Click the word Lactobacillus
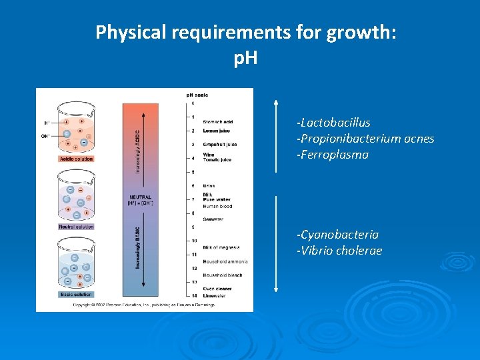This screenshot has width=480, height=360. coord(335,123)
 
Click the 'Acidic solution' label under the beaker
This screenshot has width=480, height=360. coord(77,159)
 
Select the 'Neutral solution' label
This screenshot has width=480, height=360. coord(77,227)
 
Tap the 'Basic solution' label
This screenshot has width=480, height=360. coord(75,294)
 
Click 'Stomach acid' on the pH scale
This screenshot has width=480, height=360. coord(218,121)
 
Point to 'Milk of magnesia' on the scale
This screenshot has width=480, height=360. coord(221,247)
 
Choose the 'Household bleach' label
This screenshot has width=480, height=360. coord(223,275)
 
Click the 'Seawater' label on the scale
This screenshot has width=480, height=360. coord(213,219)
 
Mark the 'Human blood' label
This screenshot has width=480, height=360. coord(217,206)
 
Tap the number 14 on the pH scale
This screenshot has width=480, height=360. coord(193,295)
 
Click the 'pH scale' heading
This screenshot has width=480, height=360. coord(197,95)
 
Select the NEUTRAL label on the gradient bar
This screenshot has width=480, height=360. coord(141,197)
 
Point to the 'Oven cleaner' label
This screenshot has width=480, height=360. coord(217,289)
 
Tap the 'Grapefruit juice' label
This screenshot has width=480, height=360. coord(219,145)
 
